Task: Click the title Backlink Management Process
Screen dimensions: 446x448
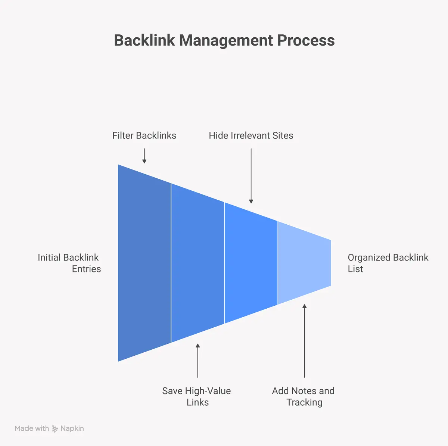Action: tap(224, 40)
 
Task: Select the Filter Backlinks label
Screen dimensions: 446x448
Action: tap(144, 135)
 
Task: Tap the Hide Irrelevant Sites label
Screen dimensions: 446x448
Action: tap(251, 135)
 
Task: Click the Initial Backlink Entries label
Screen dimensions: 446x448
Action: tap(69, 263)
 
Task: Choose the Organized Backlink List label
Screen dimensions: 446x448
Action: tap(388, 263)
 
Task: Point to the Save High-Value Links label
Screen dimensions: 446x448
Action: tap(197, 396)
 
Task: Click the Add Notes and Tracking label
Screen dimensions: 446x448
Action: tap(304, 396)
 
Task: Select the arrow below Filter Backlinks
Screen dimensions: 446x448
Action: tap(144, 156)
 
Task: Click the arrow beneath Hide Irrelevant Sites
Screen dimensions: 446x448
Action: tap(251, 175)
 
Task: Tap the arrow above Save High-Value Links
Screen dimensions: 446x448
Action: tap(197, 361)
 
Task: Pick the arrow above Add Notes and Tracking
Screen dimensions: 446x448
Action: tap(304, 341)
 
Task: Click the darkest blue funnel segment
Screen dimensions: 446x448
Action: tap(144, 263)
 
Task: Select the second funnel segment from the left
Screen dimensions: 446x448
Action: tap(197, 263)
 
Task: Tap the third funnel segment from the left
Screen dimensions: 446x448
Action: tap(251, 263)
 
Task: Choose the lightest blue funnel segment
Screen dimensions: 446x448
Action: tap(304, 263)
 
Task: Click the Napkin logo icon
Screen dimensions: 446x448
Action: tap(55, 428)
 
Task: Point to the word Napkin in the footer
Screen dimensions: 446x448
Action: tap(72, 428)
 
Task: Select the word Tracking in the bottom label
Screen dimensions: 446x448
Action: tap(304, 402)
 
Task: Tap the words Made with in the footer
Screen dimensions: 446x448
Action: tap(32, 428)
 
